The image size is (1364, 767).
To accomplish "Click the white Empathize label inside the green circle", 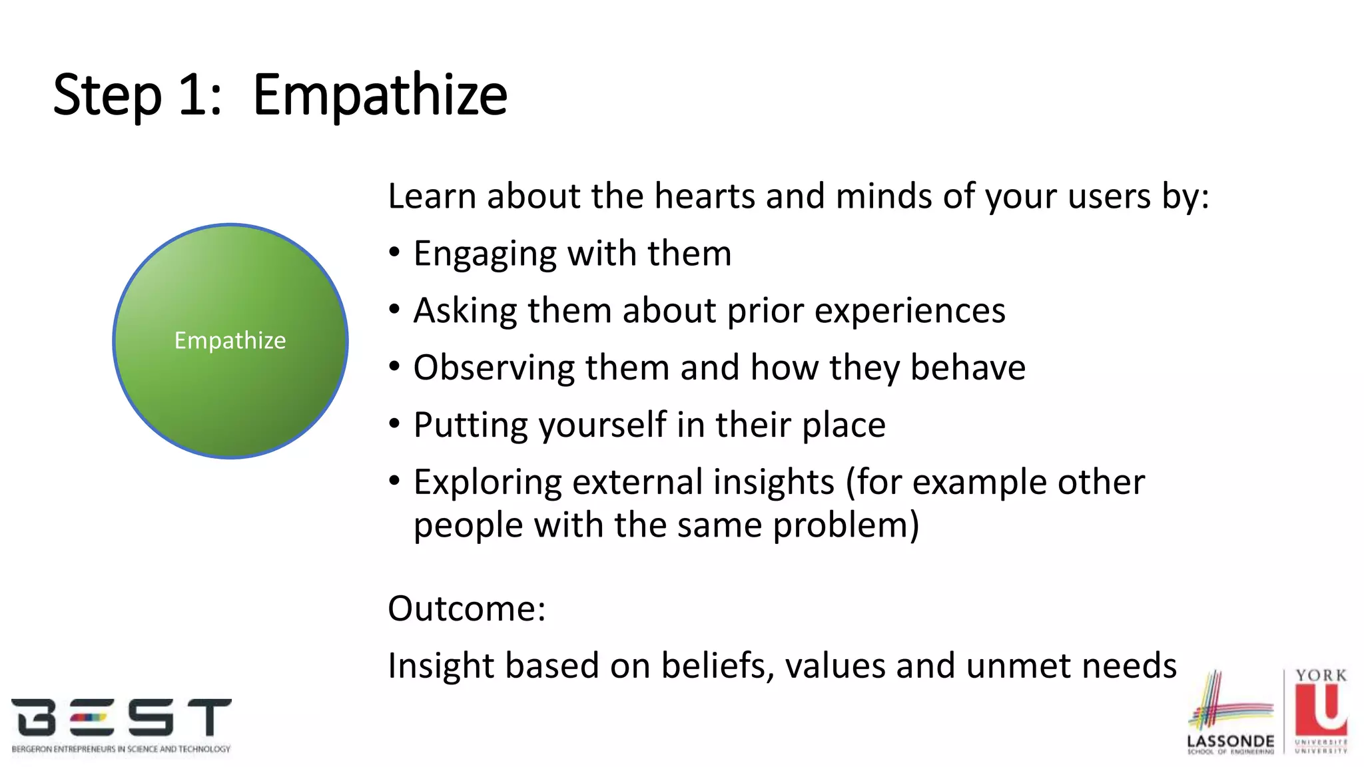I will (230, 340).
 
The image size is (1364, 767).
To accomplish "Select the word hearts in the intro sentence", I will (705, 196).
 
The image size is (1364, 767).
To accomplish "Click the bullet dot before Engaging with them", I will (395, 253).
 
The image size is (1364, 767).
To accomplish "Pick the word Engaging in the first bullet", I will (485, 254).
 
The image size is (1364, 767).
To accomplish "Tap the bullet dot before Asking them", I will (395, 310).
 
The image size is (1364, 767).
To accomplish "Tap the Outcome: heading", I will (466, 609).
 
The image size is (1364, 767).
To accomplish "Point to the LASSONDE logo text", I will (1230, 741).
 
